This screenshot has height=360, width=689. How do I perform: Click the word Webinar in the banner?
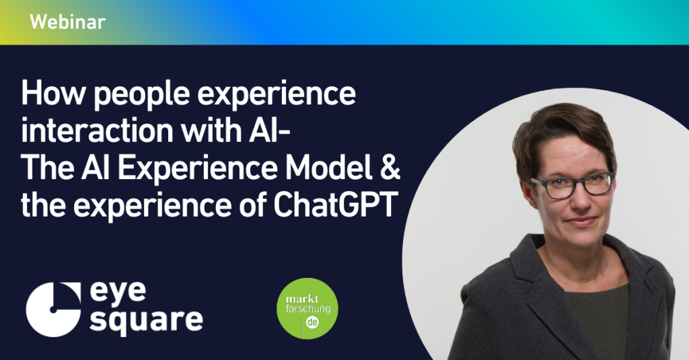pyautogui.click(x=68, y=22)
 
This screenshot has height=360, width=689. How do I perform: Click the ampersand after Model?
pyautogui.click(x=390, y=168)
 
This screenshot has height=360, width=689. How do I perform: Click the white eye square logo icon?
pyautogui.click(x=54, y=310)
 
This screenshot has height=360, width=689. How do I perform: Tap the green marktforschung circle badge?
pyautogui.click(x=307, y=309)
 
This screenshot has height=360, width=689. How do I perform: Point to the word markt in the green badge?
pyautogui.click(x=302, y=299)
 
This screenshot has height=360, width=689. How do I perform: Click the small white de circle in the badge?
pyautogui.click(x=312, y=323)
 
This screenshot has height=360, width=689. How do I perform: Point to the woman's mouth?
pyautogui.click(x=581, y=221)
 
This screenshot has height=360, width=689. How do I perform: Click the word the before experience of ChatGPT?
pyautogui.click(x=42, y=205)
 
